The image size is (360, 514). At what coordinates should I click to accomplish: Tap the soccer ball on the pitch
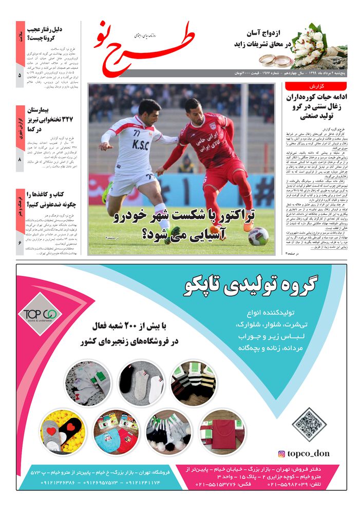tap(258, 236)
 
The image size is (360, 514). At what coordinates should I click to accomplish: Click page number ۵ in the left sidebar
tap(20, 75)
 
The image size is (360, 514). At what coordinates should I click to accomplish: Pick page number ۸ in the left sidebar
tap(20, 160)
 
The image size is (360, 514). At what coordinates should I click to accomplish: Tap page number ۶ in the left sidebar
tap(20, 242)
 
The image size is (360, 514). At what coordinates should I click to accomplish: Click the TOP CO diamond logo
tap(40, 314)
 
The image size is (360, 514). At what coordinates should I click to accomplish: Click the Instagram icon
tap(281, 454)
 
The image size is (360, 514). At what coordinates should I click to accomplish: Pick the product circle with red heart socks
tap(63, 432)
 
